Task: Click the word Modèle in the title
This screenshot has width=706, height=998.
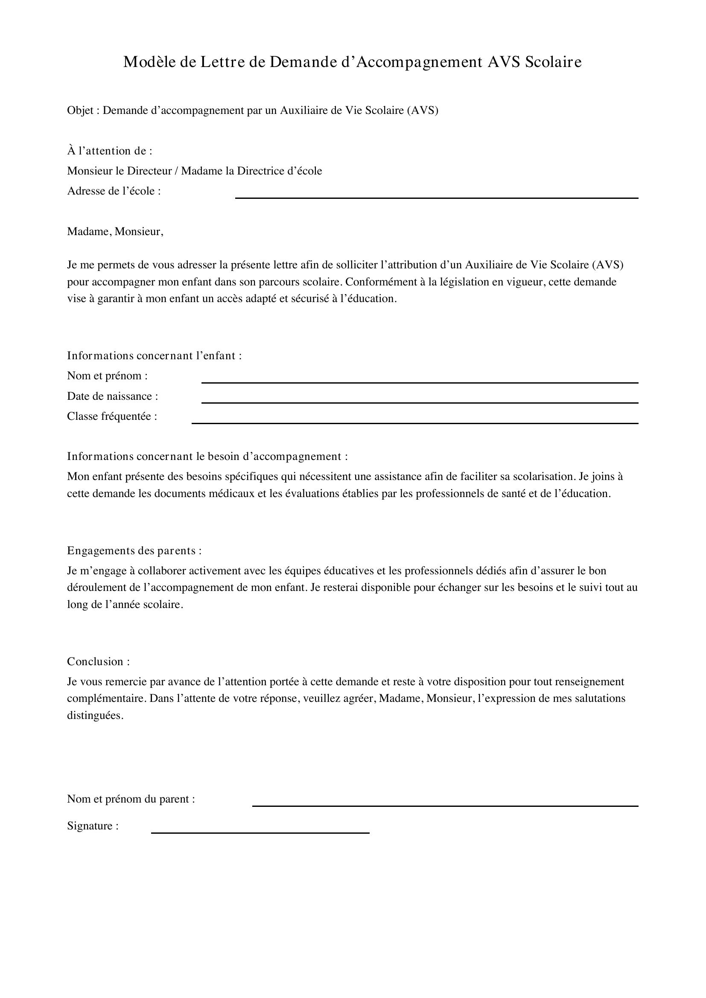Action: coord(149,63)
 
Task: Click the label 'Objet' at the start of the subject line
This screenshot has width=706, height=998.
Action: coord(80,111)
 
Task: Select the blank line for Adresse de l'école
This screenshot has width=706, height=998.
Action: coord(436,198)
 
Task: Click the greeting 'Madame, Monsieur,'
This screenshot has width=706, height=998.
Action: coord(115,232)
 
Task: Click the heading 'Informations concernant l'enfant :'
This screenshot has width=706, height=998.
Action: coord(155,355)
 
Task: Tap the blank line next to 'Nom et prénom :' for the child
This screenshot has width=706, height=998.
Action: coord(420,382)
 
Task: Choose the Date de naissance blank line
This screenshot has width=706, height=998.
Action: coord(420,402)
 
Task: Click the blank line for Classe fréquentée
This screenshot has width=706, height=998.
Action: coord(415,423)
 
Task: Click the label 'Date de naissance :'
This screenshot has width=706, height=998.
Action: coord(112,396)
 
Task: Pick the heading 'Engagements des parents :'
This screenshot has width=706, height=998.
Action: coord(134,551)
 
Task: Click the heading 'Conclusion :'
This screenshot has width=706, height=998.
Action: coord(98,662)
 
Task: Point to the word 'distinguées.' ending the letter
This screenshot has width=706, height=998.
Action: coord(95,716)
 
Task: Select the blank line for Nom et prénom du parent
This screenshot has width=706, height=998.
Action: coord(445,806)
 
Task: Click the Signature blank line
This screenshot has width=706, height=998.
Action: coord(260,833)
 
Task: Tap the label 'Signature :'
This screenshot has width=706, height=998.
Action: coord(93,826)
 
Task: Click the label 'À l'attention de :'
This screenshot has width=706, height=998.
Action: coord(110,151)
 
